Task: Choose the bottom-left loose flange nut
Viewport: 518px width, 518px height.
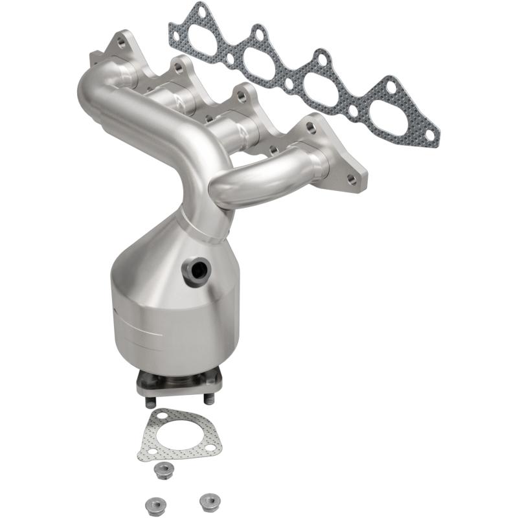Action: (x=153, y=502)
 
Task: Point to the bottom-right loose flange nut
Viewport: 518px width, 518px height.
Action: (x=207, y=500)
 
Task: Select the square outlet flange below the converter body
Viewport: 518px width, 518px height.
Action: (x=180, y=383)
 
